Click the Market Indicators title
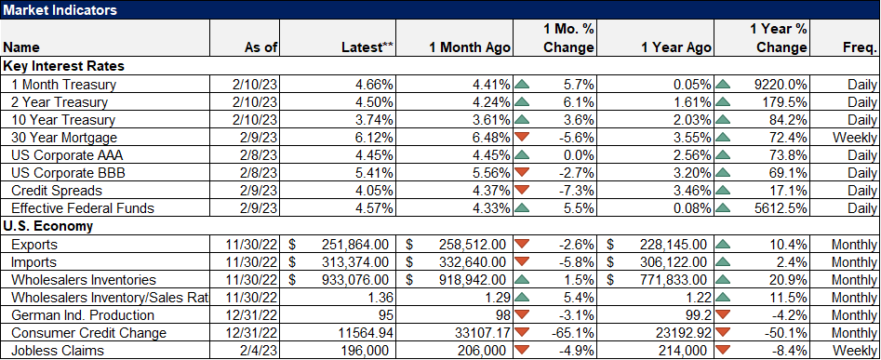[x=60, y=10]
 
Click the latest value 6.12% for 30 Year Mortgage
[x=374, y=137]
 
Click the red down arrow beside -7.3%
[x=521, y=191]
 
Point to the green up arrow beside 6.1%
[x=521, y=101]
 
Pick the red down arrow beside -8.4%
[x=723, y=351]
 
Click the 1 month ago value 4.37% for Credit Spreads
[x=487, y=191]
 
